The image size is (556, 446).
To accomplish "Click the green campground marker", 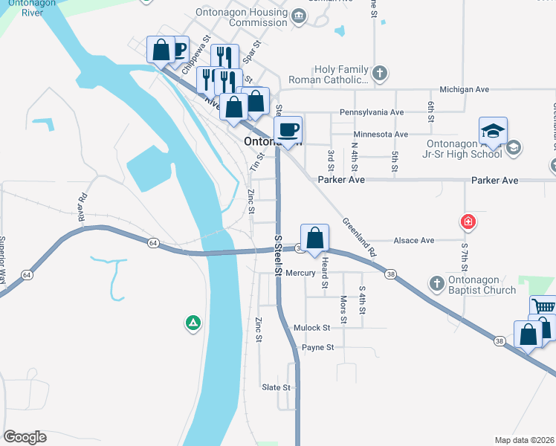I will (x=193, y=323).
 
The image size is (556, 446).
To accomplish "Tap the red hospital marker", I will (x=468, y=221).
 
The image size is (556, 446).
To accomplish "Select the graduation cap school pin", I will (x=494, y=132).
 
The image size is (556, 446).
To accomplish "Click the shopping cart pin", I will (x=543, y=307).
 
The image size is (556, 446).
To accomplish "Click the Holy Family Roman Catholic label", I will (x=342, y=74).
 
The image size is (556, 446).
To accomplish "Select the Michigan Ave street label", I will (x=464, y=89).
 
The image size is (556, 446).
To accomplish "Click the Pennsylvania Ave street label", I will (x=371, y=112).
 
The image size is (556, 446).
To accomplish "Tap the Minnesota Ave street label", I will (x=381, y=134).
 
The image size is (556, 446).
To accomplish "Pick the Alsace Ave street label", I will (x=416, y=241).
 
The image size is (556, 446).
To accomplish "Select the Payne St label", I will (x=317, y=347).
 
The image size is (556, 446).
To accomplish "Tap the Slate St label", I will (x=275, y=387).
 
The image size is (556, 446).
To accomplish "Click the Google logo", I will (x=25, y=437).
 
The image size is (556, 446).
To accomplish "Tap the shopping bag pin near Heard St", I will (x=315, y=239).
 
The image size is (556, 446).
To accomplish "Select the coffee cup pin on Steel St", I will (x=288, y=130).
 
